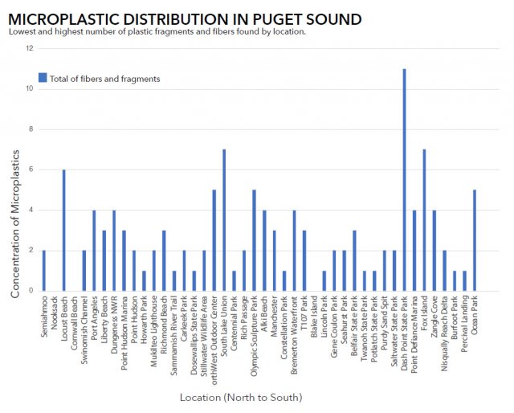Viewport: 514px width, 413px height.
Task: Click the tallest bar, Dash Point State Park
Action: click(x=404, y=180)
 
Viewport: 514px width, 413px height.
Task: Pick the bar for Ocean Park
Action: click(x=475, y=240)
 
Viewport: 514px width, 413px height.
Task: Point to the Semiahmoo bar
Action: click(x=43, y=271)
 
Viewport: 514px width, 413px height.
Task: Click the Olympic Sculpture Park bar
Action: click(x=254, y=240)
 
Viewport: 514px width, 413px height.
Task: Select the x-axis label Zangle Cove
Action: click(x=434, y=317)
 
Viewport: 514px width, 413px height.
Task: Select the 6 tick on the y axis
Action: click(x=31, y=170)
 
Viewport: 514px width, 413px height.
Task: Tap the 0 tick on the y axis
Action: click(x=31, y=291)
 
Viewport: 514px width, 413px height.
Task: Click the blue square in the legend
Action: click(x=43, y=78)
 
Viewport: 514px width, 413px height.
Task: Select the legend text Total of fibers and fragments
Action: click(x=104, y=79)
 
